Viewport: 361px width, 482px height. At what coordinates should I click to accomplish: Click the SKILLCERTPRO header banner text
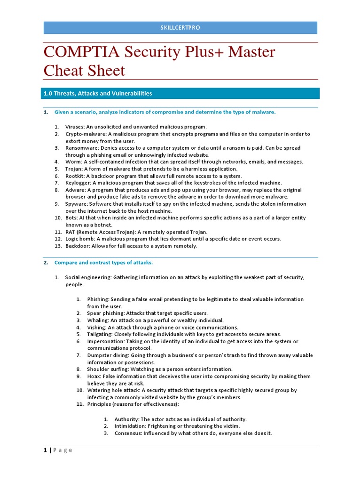coord(180,28)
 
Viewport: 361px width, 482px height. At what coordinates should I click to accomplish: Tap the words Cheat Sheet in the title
coord(84,71)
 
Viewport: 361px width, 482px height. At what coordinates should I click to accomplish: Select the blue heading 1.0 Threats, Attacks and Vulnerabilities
coord(97,93)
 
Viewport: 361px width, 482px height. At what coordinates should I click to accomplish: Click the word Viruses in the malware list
coord(75,127)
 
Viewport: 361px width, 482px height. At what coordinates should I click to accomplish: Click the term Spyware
coord(76,204)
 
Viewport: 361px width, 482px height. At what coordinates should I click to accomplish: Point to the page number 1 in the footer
coord(45,450)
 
